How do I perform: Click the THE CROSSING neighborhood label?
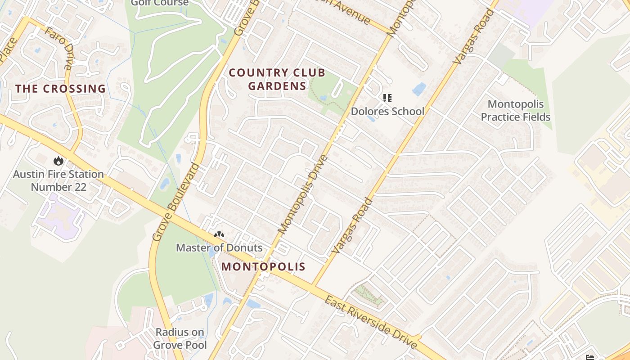pos(61,89)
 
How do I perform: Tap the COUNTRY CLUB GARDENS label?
pos(277,79)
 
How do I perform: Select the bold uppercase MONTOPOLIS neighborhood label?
pos(263,266)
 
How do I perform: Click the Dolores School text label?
pos(387,111)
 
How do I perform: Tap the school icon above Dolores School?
pos(387,98)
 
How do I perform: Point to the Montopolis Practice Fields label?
pos(515,111)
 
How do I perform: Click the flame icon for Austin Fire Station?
pos(58,161)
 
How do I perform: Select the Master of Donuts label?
pos(219,247)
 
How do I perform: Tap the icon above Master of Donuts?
pos(219,235)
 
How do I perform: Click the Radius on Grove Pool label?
pos(180,338)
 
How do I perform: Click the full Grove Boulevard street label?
pos(176,202)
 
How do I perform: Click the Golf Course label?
pos(160,3)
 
